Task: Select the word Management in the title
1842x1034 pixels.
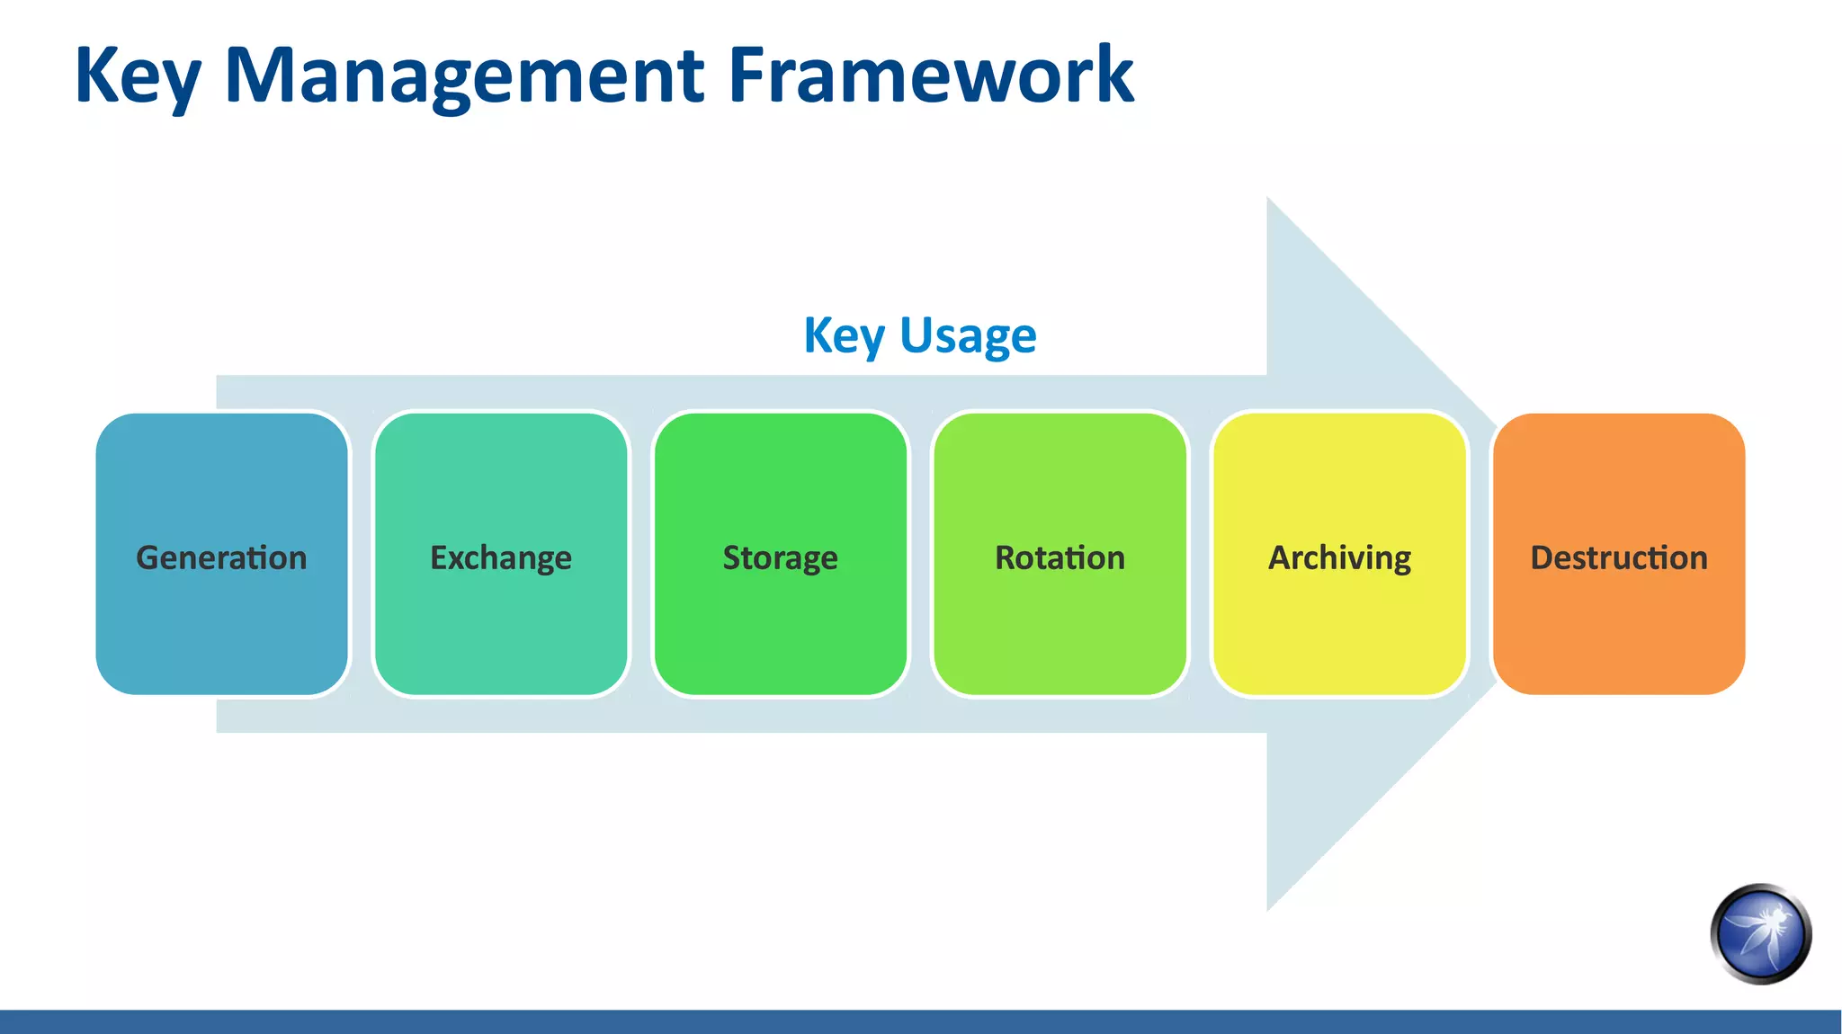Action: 463,76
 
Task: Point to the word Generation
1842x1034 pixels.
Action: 221,557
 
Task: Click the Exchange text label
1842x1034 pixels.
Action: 501,557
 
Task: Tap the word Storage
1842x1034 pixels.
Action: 781,557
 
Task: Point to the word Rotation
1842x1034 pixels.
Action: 1060,557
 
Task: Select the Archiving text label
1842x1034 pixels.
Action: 1339,557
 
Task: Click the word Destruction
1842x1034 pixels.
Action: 1619,557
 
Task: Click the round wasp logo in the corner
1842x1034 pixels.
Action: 1760,934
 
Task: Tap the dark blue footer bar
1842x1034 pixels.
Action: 921,1021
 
